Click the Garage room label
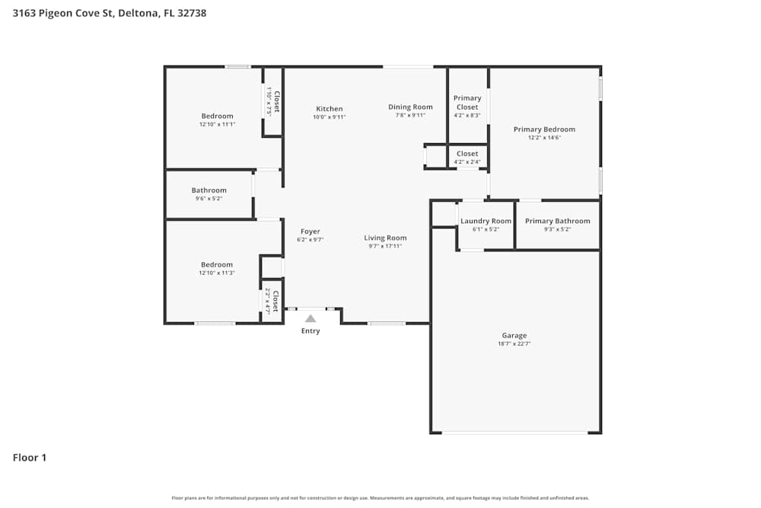pyautogui.click(x=514, y=335)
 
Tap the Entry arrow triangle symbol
pyautogui.click(x=310, y=319)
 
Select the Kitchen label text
pyautogui.click(x=329, y=109)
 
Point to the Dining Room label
pyautogui.click(x=410, y=107)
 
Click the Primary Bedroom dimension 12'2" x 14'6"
pyautogui.click(x=544, y=138)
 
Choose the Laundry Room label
pyautogui.click(x=486, y=221)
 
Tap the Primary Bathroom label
pyautogui.click(x=557, y=221)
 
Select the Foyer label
pyautogui.click(x=310, y=232)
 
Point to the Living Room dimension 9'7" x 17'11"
pyautogui.click(x=385, y=246)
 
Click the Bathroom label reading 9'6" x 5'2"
pyautogui.click(x=209, y=199)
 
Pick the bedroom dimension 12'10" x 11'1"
pyautogui.click(x=217, y=124)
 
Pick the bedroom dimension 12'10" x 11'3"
pyautogui.click(x=217, y=273)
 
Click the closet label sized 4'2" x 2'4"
pyautogui.click(x=467, y=161)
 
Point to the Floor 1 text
pyautogui.click(x=30, y=458)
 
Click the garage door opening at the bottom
pyautogui.click(x=514, y=433)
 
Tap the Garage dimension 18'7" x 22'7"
pyautogui.click(x=514, y=343)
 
